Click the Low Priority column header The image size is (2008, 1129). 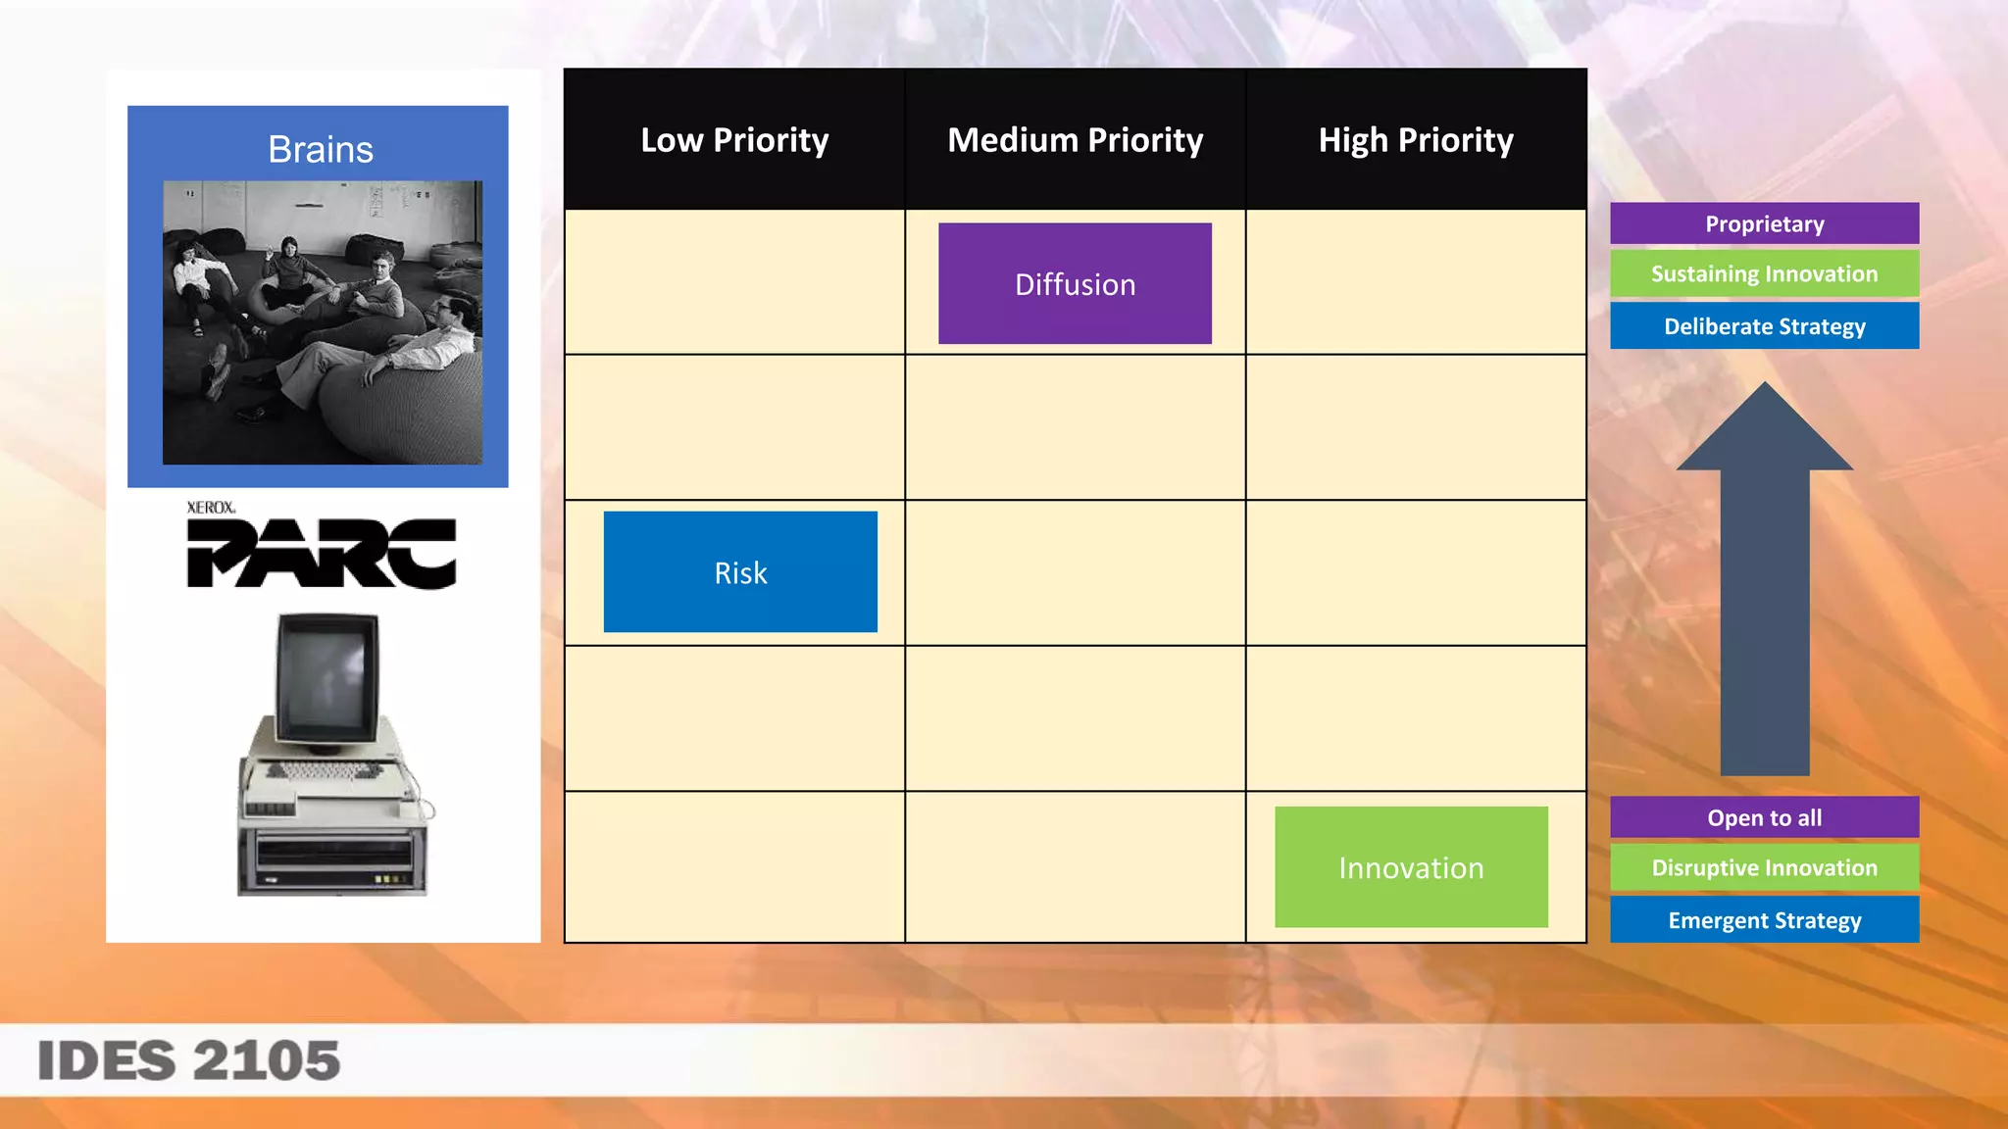(734, 140)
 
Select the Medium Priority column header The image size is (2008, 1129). (1075, 140)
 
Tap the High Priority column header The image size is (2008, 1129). (1416, 140)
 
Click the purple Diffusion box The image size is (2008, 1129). (1075, 284)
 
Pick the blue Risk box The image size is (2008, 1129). (740, 572)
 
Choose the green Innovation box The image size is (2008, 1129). (1411, 867)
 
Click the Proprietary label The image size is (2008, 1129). (1764, 224)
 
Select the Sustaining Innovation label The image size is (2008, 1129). (1764, 274)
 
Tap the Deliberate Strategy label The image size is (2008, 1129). (1764, 326)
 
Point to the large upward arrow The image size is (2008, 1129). (1764, 588)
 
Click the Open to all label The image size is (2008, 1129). (1764, 817)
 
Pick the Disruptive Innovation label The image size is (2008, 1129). (1764, 868)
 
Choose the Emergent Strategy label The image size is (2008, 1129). (1764, 920)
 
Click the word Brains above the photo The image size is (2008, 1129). (321, 150)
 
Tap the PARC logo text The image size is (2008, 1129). (322, 554)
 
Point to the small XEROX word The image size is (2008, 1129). (211, 508)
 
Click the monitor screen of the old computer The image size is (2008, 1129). (327, 677)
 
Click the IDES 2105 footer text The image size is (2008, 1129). (188, 1061)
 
